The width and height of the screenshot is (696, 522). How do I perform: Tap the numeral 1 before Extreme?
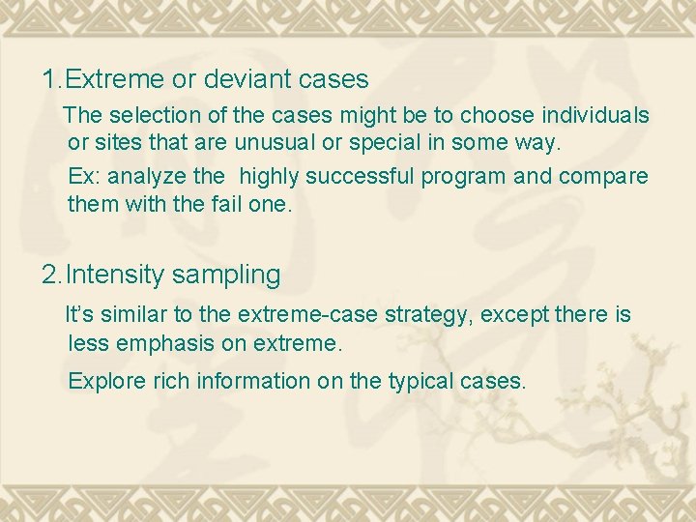[49, 78]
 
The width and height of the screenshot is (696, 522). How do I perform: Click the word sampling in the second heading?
[226, 275]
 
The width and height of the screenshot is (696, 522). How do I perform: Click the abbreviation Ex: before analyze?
[84, 178]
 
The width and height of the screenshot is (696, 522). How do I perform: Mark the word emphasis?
[151, 343]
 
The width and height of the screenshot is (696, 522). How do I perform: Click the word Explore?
[106, 381]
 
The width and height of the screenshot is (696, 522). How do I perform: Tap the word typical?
[421, 381]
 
